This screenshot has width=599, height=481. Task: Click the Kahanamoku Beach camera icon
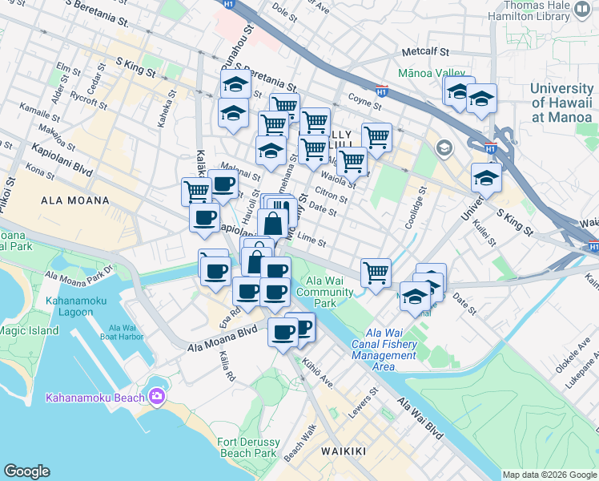coord(156,396)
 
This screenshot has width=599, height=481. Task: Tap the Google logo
coord(26,471)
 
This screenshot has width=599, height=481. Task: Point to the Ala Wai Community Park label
coord(325,292)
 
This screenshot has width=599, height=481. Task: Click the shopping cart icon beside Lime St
coord(375,273)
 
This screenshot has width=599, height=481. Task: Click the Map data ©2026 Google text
coord(549,475)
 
